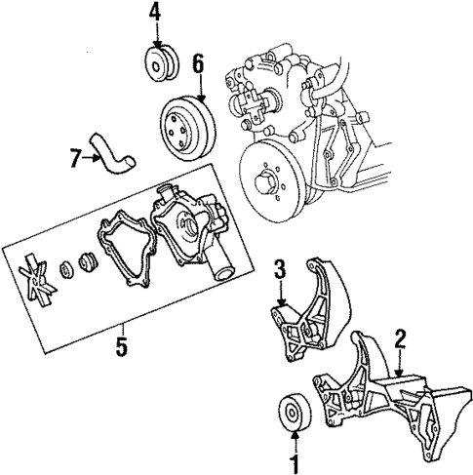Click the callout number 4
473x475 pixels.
153,13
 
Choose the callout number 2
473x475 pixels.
399,339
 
